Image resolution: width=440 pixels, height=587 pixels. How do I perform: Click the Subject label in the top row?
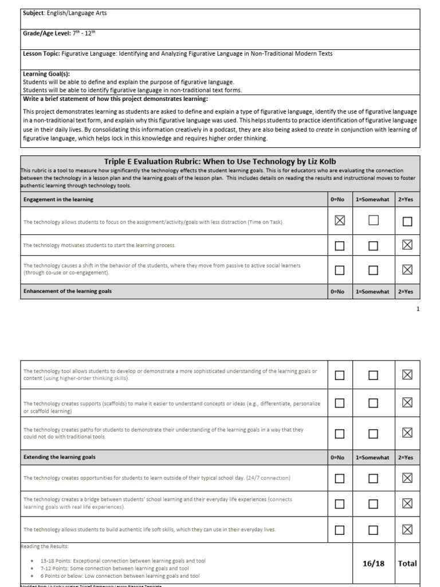coord(34,13)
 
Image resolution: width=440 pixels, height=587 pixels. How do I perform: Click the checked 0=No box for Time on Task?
coord(340,221)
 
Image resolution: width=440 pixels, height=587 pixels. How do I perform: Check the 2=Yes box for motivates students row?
coord(407,245)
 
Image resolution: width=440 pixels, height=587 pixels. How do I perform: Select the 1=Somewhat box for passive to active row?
coord(374,270)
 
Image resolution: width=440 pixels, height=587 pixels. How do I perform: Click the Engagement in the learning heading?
coord(58,199)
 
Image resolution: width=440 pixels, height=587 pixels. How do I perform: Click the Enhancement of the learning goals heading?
coord(68,291)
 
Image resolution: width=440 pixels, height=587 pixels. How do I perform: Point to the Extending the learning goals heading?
coord(60,457)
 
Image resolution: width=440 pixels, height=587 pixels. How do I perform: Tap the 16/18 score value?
coord(374,563)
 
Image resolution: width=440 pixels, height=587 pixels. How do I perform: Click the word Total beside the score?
coord(407,563)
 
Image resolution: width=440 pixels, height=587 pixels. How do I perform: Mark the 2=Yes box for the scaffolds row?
coord(407,403)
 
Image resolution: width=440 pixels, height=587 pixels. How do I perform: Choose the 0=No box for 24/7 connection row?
coord(340,478)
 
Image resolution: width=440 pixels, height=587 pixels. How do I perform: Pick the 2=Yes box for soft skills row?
coord(407,530)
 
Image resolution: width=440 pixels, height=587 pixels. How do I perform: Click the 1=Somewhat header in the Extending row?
coord(372,457)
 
